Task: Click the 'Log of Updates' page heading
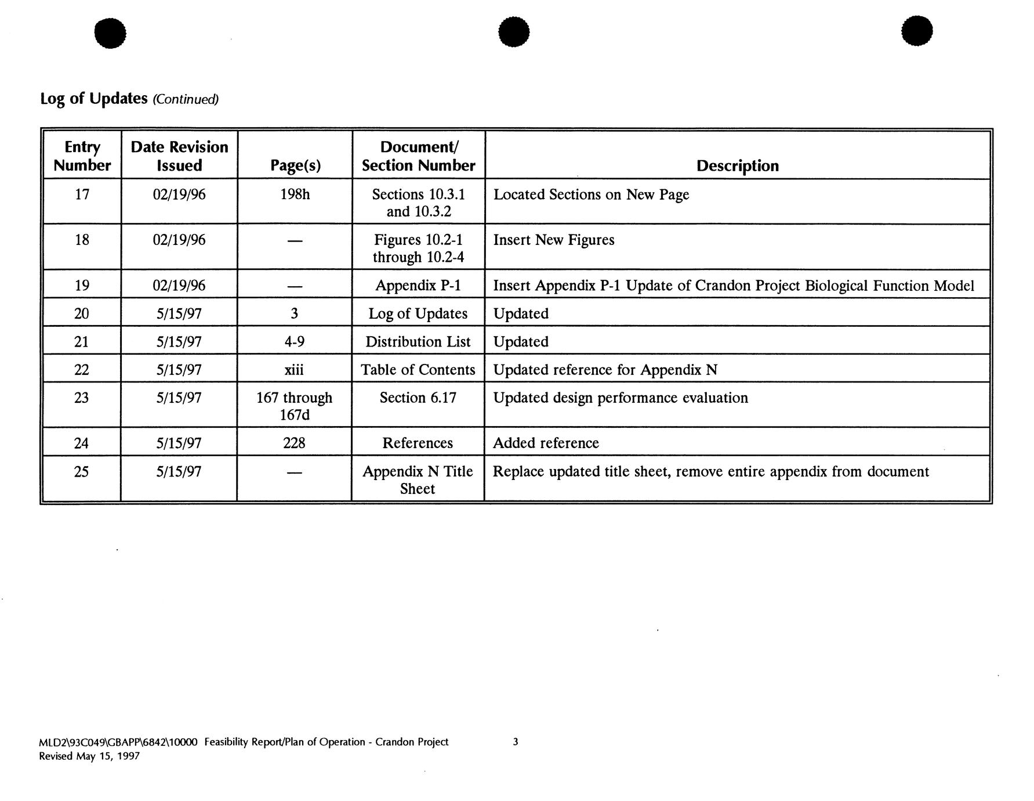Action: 94,99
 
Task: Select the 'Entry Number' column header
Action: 82,156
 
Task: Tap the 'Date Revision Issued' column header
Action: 179,156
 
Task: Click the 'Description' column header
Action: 737,166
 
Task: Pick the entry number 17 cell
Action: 82,194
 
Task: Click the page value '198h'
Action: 295,194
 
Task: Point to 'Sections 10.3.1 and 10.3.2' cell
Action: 418,203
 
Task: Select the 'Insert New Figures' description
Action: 553,240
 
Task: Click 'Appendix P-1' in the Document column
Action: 418,286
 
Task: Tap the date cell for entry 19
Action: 179,286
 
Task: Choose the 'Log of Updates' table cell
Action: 418,313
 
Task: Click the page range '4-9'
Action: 295,341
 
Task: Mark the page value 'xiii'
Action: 295,370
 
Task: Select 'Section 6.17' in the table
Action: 418,398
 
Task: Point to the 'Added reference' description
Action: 545,443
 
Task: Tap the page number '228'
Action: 295,443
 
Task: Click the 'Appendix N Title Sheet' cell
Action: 418,479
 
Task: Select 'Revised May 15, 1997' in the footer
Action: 89,756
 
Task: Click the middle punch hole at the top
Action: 513,31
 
